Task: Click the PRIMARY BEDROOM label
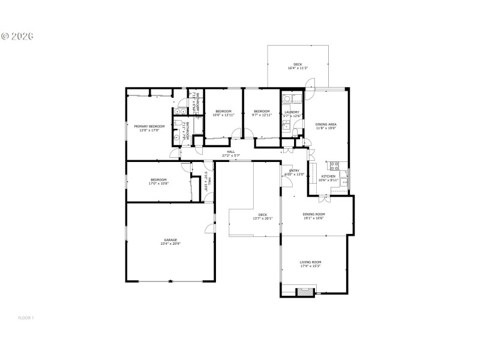tap(149, 126)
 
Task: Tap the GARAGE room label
tap(171, 240)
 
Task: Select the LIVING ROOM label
tap(311, 262)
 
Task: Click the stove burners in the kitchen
tap(334, 164)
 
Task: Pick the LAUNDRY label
tap(292, 112)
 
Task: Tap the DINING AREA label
tap(326, 124)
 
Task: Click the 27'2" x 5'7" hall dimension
tap(231, 155)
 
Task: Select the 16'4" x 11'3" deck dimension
tap(298, 68)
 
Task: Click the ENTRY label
tap(295, 171)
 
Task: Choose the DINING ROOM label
tap(313, 214)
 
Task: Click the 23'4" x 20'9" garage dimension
tap(171, 244)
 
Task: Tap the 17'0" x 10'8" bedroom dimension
tap(158, 184)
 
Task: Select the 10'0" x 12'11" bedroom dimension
tap(224, 115)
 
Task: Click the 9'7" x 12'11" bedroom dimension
tap(262, 115)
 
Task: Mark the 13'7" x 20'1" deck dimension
tap(262, 218)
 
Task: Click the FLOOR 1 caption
tap(25, 317)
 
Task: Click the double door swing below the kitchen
tap(323, 197)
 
